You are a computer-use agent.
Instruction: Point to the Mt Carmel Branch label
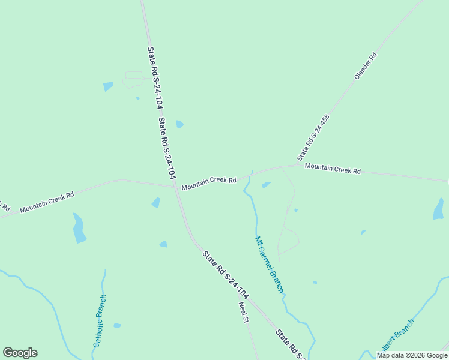click(270, 265)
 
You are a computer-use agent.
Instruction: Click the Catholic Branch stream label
click(100, 321)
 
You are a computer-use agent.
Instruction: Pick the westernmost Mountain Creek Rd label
click(47, 202)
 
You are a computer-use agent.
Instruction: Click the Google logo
click(20, 353)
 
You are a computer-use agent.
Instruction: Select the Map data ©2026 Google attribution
click(412, 355)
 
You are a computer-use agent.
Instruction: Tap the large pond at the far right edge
click(438, 209)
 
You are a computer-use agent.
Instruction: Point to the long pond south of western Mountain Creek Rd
click(79, 228)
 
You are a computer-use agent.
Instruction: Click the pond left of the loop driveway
click(108, 86)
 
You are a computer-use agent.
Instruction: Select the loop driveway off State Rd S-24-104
click(133, 79)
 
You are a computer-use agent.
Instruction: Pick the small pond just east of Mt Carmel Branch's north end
click(267, 185)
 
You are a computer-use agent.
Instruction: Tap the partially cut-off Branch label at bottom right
click(396, 336)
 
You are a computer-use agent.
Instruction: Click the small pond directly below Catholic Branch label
click(117, 325)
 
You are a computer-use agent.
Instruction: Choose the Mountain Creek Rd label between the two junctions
click(209, 184)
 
